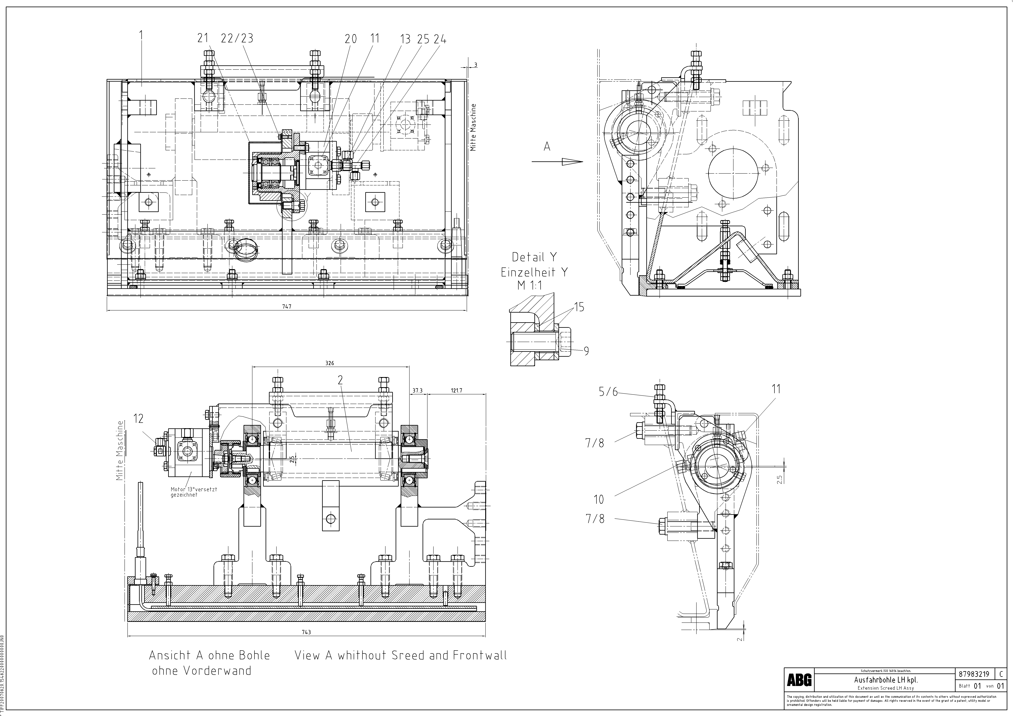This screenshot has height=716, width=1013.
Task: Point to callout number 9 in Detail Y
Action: (x=586, y=351)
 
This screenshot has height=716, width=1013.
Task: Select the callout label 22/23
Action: (x=237, y=38)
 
